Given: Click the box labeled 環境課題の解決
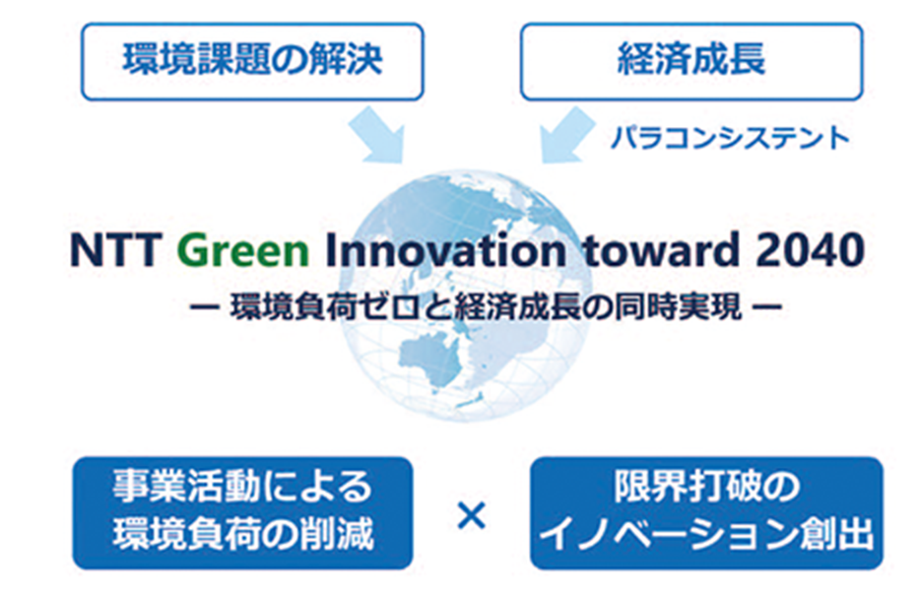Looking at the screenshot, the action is click(x=252, y=61).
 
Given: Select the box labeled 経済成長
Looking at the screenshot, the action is click(x=691, y=61).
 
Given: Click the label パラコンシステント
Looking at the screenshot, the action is click(x=730, y=139).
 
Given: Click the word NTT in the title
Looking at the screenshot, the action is click(x=115, y=250).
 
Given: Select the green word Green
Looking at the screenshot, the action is click(x=243, y=250).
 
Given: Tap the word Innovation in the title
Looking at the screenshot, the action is click(x=445, y=250).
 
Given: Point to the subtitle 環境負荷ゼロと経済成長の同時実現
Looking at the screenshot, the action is click(x=486, y=306).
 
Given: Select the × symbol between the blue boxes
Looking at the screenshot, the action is click(x=471, y=515).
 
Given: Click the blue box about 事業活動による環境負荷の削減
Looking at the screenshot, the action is click(x=243, y=513).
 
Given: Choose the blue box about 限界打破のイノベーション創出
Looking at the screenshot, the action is click(x=706, y=513).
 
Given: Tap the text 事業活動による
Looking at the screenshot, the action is click(x=242, y=487).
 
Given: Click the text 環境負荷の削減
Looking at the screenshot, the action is click(x=243, y=535).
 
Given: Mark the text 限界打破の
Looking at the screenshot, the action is click(x=706, y=487).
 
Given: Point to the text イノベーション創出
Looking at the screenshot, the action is click(x=706, y=535).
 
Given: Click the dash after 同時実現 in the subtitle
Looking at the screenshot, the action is click(x=766, y=306).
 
